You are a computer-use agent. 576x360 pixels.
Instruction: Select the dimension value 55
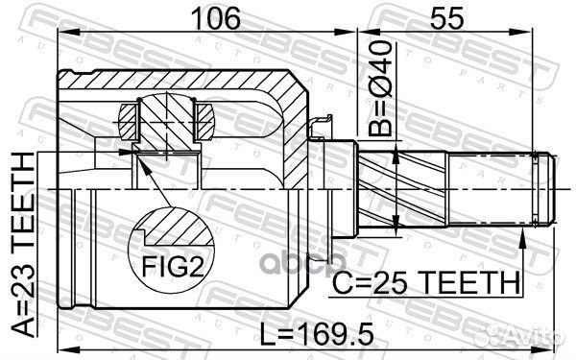click(x=450, y=18)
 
